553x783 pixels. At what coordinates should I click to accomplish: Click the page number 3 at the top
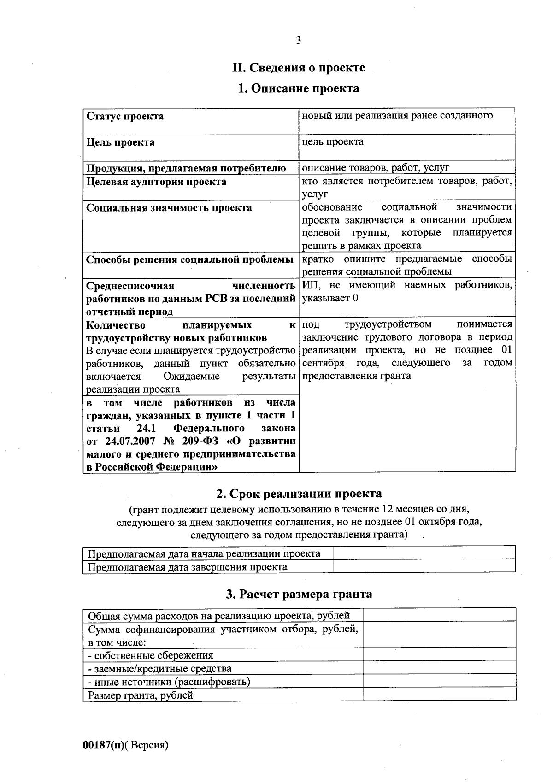pos(298,41)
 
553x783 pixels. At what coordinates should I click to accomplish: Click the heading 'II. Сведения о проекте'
pos(298,68)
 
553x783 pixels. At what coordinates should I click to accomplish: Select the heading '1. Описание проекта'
pos(298,88)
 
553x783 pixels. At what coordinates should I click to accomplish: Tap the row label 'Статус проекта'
pos(125,116)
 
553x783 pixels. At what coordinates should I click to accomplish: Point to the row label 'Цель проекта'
pos(120,142)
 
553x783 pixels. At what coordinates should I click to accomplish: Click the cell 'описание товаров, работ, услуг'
pos(375,168)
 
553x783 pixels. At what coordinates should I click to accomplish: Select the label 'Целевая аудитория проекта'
pos(156,182)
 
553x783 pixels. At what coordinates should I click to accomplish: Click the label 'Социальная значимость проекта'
pos(169,208)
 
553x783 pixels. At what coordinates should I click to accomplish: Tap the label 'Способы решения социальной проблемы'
pos(190,260)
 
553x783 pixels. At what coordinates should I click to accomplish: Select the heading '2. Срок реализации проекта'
pos(299,494)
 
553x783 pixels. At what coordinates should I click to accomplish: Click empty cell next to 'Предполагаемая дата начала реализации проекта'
pos(424,553)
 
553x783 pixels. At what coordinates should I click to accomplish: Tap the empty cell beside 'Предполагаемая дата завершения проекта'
pos(424,566)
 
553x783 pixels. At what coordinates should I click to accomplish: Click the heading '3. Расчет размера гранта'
pos(299,594)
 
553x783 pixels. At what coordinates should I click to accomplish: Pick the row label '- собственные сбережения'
pos(151,655)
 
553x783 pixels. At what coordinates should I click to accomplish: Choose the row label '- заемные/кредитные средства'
pos(160,669)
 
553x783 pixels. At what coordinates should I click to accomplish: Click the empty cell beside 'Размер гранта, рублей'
pos(439,695)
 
